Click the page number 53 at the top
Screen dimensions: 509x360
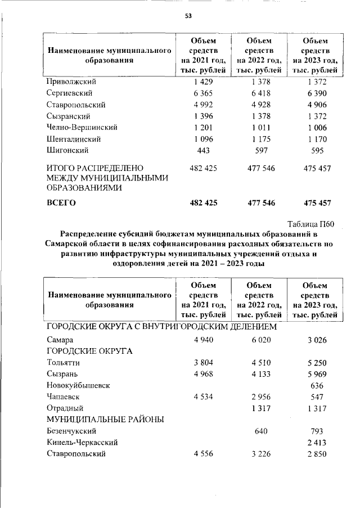(188, 16)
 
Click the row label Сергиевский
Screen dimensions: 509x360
(69, 93)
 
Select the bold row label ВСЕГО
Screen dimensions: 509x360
(61, 202)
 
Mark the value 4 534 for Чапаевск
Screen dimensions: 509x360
(202, 397)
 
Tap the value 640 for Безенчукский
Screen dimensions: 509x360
(259, 431)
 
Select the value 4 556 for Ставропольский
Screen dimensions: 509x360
(202, 454)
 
